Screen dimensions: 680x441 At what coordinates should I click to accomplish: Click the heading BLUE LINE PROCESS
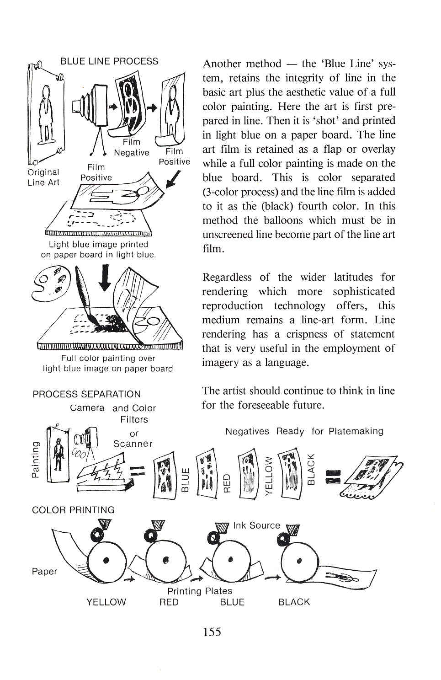coord(109,61)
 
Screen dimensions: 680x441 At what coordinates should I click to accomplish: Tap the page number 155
coord(212,632)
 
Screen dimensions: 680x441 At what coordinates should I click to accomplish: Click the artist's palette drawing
coord(48,284)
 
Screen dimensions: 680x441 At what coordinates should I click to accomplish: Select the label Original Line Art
coord(43,177)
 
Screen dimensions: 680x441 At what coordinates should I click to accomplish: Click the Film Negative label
coord(131,147)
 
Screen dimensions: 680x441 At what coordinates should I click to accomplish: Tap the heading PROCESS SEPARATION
coord(87,394)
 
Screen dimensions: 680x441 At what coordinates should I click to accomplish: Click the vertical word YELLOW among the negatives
coord(269,476)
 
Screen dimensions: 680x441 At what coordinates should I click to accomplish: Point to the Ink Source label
coord(256,525)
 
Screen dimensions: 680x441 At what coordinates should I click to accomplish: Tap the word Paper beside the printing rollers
coord(45,571)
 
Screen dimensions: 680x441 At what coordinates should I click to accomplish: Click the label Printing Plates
coord(200,591)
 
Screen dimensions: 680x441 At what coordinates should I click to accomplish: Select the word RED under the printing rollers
coord(169,602)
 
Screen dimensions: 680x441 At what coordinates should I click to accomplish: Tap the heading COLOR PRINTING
coord(73,510)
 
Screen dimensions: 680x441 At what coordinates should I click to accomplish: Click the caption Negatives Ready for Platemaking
coord(304,431)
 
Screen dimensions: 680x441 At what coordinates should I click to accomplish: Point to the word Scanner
coord(133,444)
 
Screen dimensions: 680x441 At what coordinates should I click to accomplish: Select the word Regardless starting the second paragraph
coord(227,277)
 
